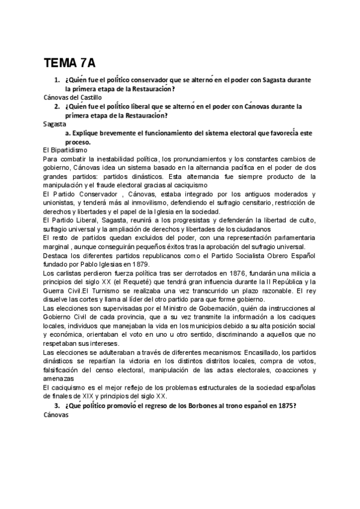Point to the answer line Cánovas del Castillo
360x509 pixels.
(73, 97)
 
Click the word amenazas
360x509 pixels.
(59, 379)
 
